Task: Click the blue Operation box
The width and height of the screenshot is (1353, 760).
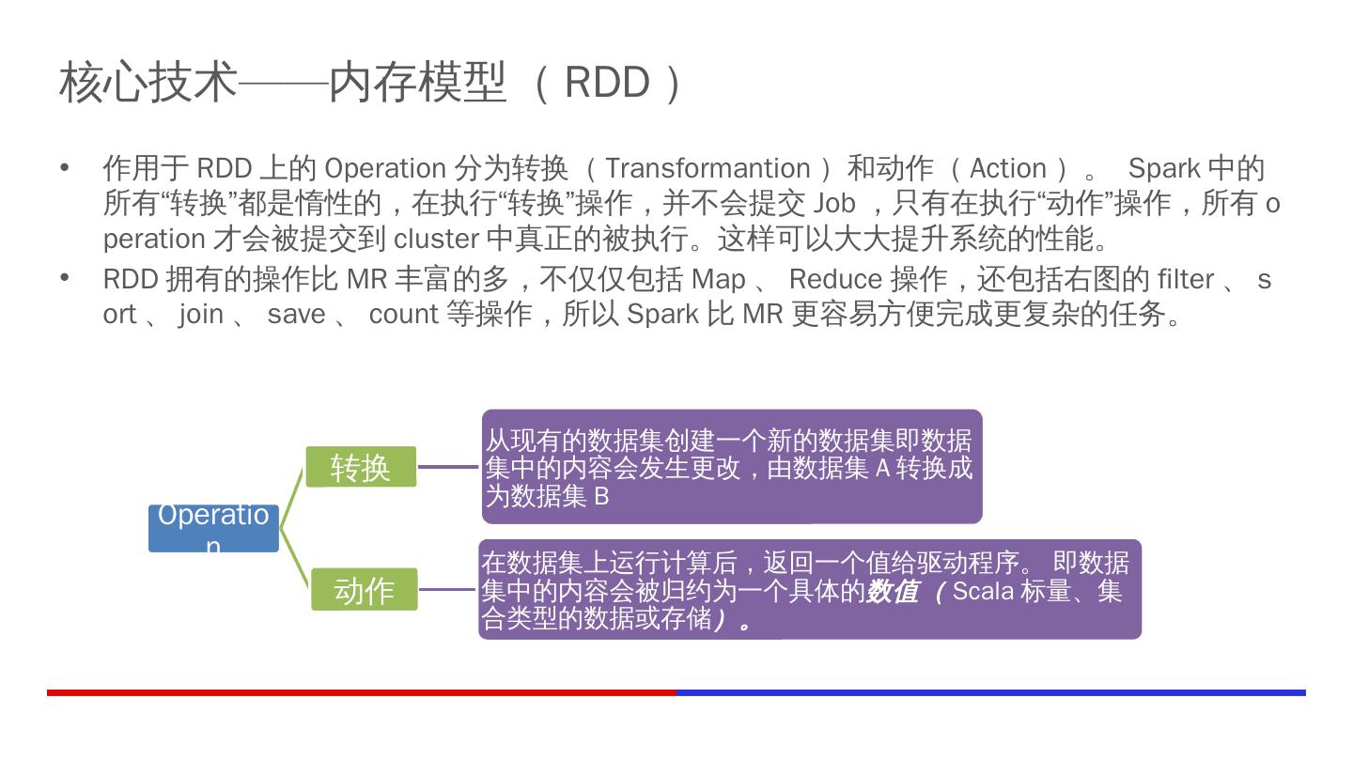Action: pos(213,528)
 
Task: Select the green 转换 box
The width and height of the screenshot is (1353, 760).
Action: pos(361,467)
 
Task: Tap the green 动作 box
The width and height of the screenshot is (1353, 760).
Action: pos(365,590)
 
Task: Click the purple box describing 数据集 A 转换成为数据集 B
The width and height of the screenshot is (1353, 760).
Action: pos(732,467)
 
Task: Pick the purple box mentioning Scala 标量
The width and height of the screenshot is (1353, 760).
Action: pos(809,590)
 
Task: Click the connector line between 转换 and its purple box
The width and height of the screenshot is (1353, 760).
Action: pos(449,466)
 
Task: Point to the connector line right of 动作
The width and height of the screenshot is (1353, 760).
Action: pos(448,590)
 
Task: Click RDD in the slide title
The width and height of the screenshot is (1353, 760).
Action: pos(607,82)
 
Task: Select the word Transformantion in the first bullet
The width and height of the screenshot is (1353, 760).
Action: pos(708,168)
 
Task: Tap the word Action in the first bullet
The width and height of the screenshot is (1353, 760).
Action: pos(1007,168)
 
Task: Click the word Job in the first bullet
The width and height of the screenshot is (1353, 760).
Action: pos(834,203)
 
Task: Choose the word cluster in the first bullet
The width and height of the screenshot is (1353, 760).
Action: pos(437,239)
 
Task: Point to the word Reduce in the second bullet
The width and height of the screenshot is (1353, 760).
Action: pos(835,279)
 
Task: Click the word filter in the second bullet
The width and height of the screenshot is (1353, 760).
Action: pos(1186,279)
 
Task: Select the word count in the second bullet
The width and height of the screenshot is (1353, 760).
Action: pos(403,314)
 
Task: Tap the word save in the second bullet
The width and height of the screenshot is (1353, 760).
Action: pos(296,314)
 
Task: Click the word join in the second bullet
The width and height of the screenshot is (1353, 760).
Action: pos(201,314)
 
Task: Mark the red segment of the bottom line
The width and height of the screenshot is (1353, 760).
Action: pos(362,692)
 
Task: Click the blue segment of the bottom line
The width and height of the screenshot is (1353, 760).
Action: pos(991,692)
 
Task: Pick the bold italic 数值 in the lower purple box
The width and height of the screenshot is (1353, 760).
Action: pos(892,591)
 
